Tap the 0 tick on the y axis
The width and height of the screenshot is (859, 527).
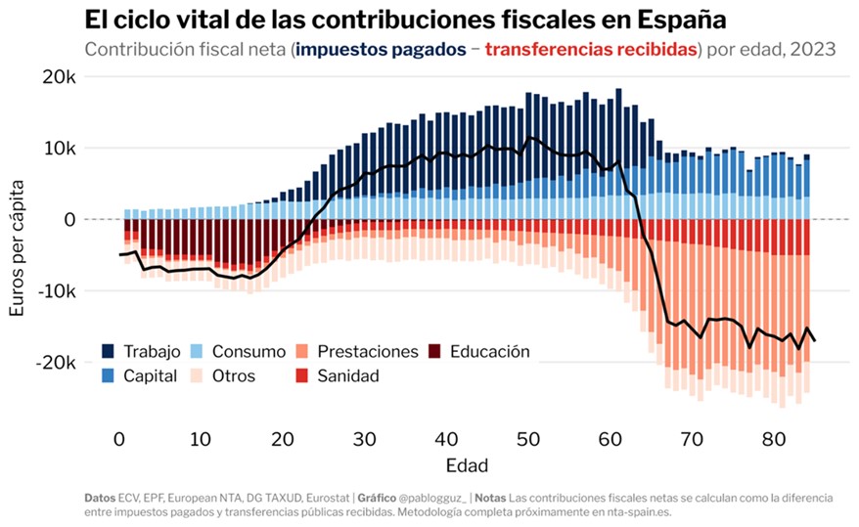[68, 219]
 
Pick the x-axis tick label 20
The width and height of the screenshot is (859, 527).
[283, 438]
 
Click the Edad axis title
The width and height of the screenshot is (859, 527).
[467, 464]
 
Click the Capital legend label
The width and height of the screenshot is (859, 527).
[150, 375]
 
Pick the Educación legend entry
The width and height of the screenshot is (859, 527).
[489, 351]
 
